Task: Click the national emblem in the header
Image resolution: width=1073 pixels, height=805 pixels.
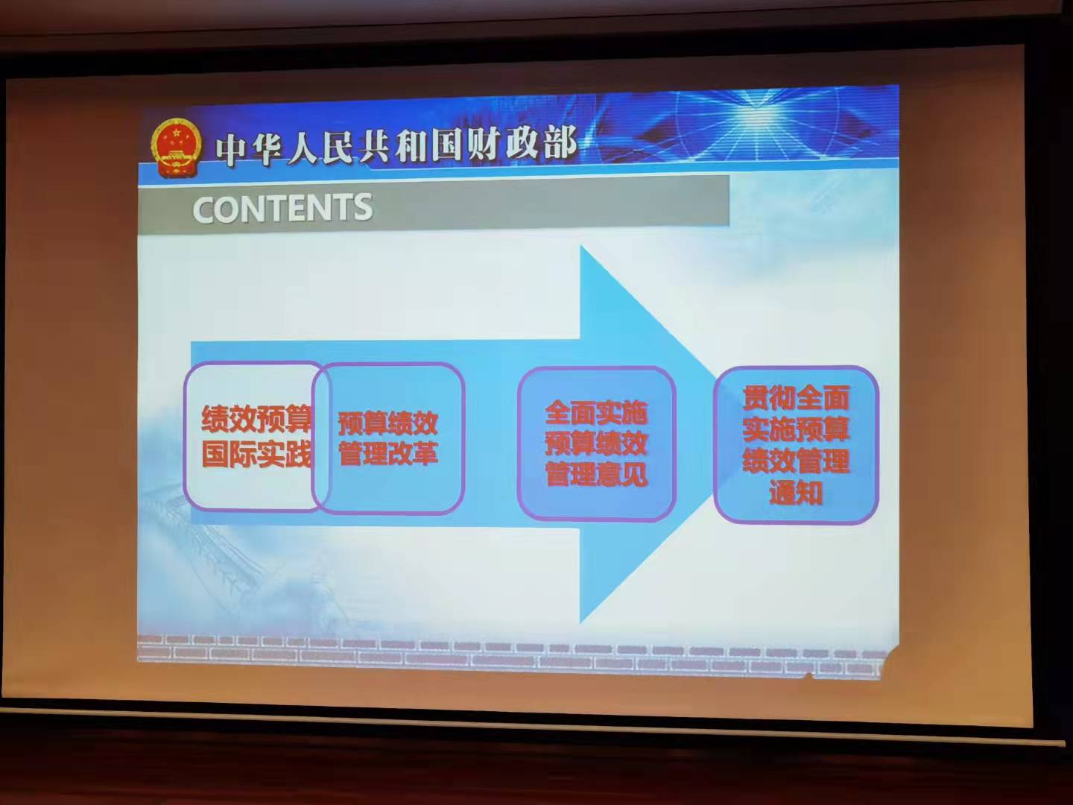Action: (x=177, y=148)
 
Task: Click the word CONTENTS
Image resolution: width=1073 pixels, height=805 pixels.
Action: (x=282, y=209)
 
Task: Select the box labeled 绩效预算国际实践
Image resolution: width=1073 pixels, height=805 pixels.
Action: (x=253, y=436)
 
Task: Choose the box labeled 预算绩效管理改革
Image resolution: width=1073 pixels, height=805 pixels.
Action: (x=389, y=438)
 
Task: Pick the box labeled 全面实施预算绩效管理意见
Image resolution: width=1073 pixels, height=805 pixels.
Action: (x=596, y=443)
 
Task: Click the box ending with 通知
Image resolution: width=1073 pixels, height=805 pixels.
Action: (x=796, y=444)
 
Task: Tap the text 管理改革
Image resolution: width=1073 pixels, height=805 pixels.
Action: (x=388, y=453)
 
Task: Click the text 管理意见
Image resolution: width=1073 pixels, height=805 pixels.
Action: (x=596, y=473)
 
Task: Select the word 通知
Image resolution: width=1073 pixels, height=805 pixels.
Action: (x=796, y=493)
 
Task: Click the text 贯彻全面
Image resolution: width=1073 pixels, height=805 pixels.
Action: (x=796, y=398)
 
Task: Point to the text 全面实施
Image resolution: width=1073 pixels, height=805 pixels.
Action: (x=596, y=412)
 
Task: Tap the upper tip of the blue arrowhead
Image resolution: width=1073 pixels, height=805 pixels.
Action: (x=582, y=248)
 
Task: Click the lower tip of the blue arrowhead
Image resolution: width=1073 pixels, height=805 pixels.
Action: (x=582, y=620)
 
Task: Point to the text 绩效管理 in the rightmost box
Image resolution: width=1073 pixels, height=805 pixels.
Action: (x=796, y=461)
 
